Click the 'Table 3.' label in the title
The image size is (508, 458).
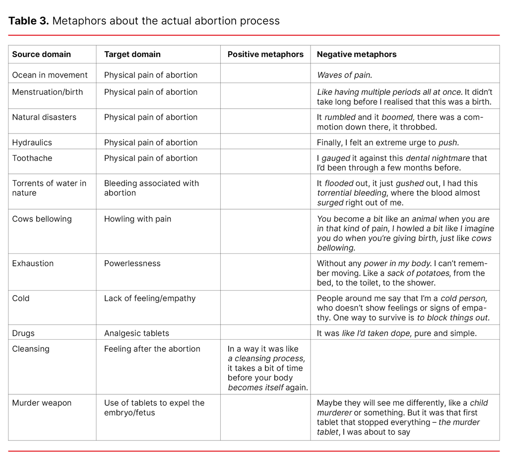click(x=28, y=21)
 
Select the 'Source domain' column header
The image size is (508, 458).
click(x=41, y=55)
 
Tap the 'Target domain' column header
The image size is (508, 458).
click(x=132, y=55)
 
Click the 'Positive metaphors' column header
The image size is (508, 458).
click(x=265, y=55)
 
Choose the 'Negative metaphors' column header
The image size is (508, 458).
click(x=356, y=55)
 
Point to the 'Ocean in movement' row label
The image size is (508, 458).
click(x=50, y=75)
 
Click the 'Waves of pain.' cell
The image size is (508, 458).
click(x=344, y=75)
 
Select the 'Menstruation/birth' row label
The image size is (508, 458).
click(x=48, y=92)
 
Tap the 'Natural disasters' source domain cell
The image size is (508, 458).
click(x=44, y=117)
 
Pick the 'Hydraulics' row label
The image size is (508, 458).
click(x=32, y=143)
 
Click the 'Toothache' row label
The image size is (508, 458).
click(x=32, y=158)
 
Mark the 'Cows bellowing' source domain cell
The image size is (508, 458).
click(x=42, y=219)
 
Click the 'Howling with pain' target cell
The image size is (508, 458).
click(x=137, y=219)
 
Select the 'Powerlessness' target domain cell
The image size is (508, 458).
click(x=132, y=263)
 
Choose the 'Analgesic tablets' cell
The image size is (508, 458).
click(x=136, y=333)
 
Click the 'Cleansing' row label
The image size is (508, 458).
click(x=31, y=349)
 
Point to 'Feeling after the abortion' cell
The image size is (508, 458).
click(x=152, y=349)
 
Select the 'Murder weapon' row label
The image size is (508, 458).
click(x=42, y=403)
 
